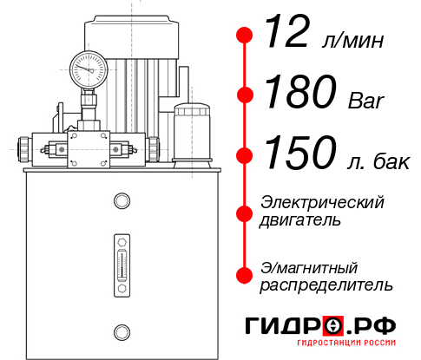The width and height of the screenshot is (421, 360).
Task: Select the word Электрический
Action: (322, 202)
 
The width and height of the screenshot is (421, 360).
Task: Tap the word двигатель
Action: (300, 220)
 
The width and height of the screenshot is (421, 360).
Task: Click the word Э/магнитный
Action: (309, 266)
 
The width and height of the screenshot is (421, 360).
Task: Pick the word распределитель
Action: (326, 284)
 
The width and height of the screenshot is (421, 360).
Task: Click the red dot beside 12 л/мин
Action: (246, 36)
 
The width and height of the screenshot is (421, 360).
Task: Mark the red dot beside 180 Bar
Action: (246, 95)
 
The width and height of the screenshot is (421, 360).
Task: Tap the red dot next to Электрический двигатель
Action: (246, 212)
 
